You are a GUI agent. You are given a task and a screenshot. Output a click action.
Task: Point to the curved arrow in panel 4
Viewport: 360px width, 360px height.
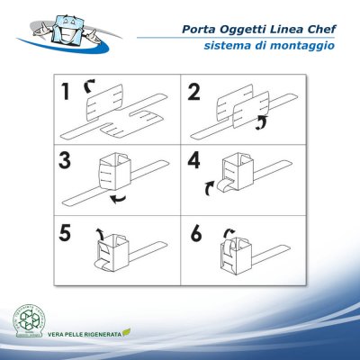click(209, 187)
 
